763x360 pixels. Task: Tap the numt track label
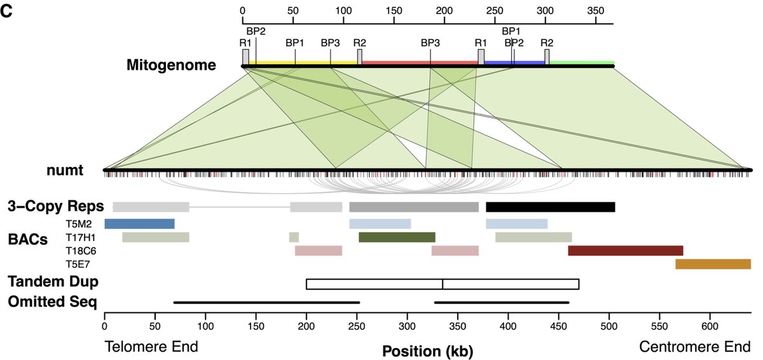[65, 170]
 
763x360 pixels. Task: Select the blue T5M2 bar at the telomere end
[139, 223]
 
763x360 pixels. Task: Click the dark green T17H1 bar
[397, 237]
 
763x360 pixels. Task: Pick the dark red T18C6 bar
[625, 251]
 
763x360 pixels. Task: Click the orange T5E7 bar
[713, 264]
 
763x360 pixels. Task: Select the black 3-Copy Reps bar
[550, 207]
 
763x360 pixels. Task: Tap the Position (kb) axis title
[427, 350]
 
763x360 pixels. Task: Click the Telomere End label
[151, 347]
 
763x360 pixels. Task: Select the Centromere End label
[695, 347]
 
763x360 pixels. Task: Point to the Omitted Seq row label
[52, 301]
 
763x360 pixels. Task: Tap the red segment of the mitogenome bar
[420, 62]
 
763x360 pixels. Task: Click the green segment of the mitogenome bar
[582, 62]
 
